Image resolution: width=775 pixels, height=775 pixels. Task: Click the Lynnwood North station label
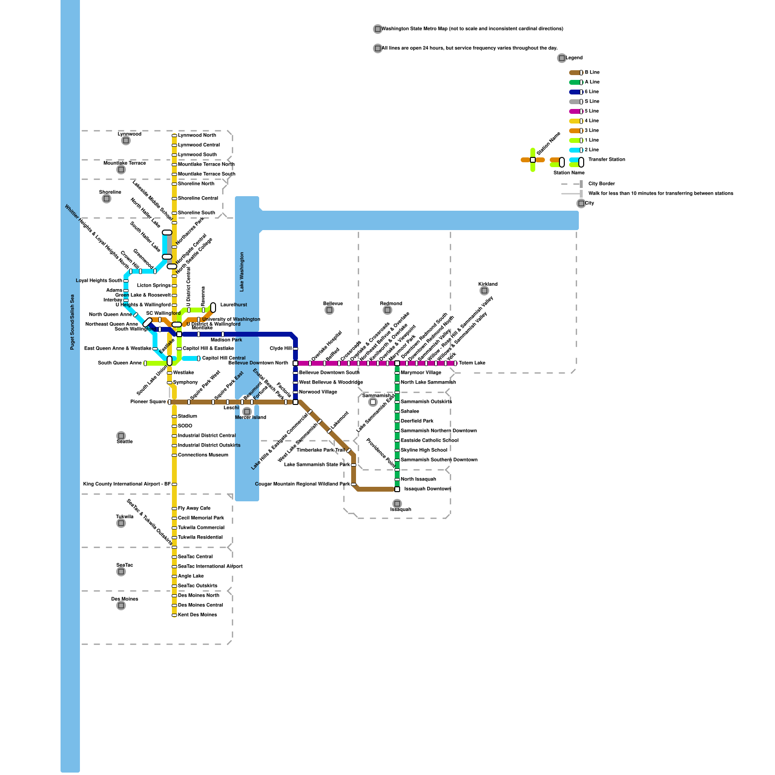(197, 136)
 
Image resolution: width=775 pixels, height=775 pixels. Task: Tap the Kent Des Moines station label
(197, 615)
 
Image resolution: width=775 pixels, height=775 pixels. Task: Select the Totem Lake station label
(472, 363)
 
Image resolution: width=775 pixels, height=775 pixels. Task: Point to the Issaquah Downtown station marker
(397, 489)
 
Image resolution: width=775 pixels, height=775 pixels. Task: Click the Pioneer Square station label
(148, 402)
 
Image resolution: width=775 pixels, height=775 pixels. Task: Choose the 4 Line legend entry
(591, 121)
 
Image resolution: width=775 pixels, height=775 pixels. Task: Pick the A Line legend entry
(592, 82)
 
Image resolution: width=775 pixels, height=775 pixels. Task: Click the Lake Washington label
(242, 272)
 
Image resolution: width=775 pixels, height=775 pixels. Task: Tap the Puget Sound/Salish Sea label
(72, 322)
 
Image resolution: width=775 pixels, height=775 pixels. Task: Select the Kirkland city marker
(484, 291)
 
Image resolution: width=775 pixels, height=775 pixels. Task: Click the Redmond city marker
(387, 310)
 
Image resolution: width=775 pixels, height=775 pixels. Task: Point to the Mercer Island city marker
(247, 412)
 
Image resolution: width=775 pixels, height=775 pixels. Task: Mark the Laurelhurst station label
(233, 305)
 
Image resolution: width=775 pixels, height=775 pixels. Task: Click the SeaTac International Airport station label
(210, 567)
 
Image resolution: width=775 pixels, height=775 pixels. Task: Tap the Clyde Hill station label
(280, 349)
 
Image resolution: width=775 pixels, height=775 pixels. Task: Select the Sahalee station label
(410, 412)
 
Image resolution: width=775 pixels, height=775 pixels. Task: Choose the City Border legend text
(602, 184)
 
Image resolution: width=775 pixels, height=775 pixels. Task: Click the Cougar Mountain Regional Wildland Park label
(302, 484)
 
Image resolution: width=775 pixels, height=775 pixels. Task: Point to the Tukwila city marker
(121, 523)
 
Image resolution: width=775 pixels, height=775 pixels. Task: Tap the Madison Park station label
(226, 340)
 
